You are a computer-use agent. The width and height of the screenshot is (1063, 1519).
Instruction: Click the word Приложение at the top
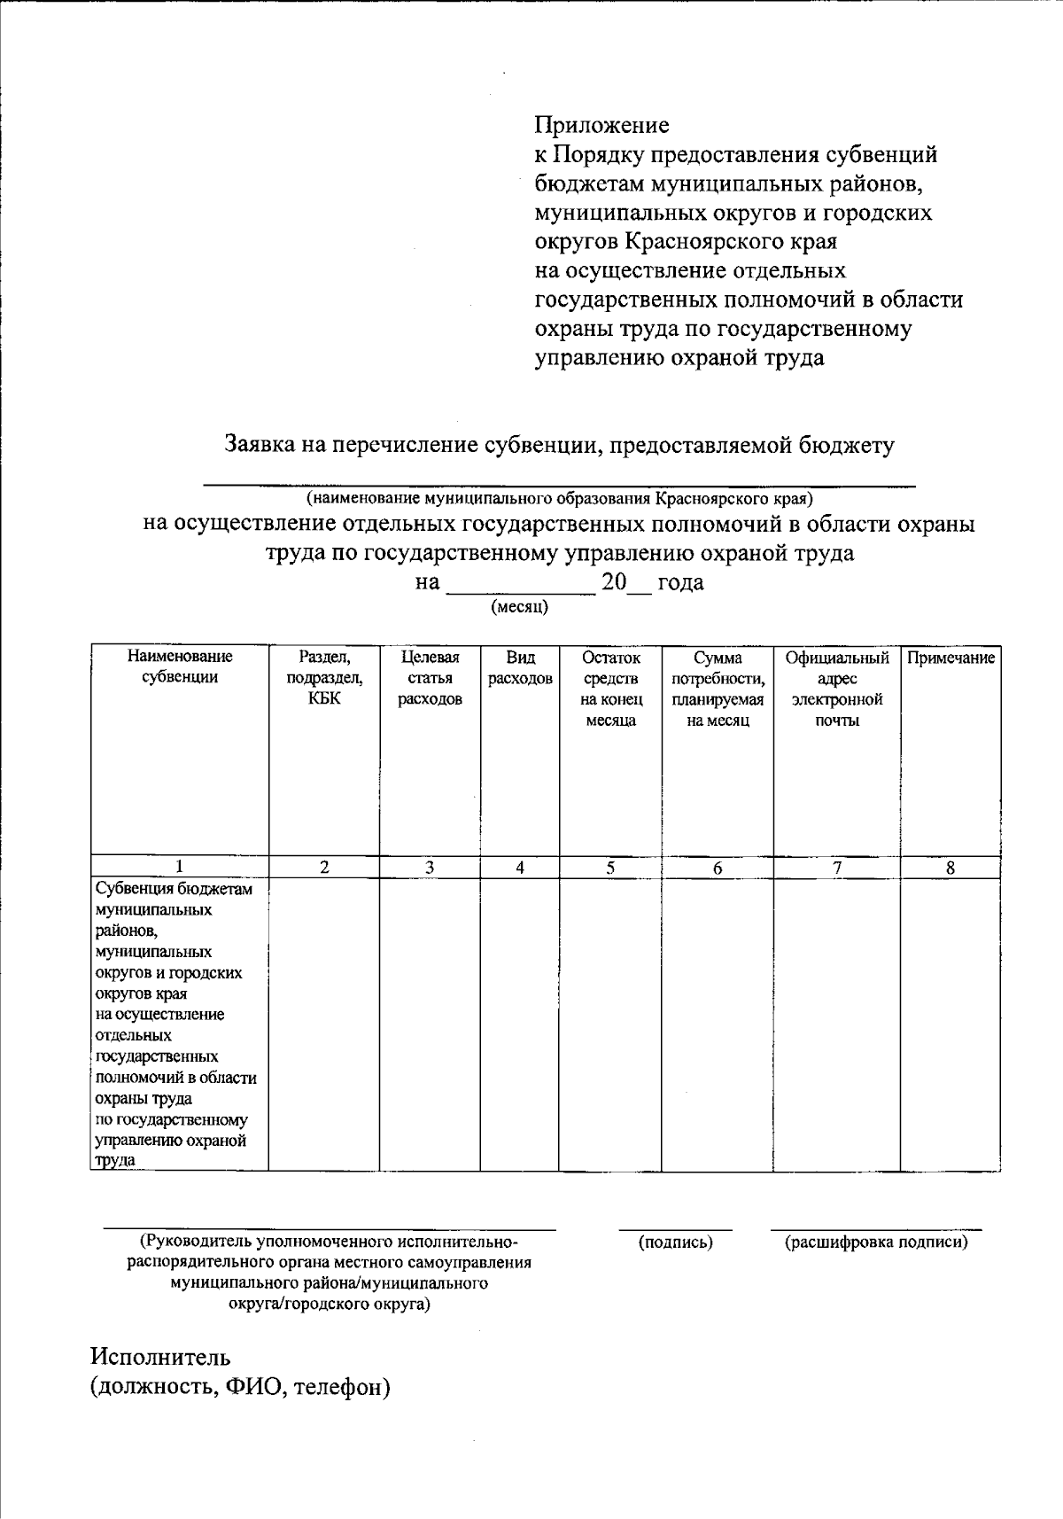[x=601, y=124]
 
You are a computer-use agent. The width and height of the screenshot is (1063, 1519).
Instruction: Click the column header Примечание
[x=950, y=658]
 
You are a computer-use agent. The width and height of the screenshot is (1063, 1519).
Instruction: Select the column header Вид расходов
[x=520, y=668]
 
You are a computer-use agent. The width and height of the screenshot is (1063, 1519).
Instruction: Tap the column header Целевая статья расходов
[x=430, y=678]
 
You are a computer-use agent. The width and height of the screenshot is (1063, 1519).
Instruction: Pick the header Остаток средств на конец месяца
[x=610, y=689]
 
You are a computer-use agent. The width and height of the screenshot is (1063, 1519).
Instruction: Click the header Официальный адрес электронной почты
[x=836, y=689]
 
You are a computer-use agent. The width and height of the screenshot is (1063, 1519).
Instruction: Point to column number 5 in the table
[x=610, y=869]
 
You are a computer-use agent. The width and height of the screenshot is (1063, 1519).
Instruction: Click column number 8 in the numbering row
[x=950, y=869]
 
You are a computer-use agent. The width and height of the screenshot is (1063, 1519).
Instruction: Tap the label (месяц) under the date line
[x=519, y=607]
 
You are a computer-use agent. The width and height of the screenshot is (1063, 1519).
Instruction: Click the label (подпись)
[x=675, y=1242]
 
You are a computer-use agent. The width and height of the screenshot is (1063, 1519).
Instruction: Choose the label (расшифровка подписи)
[x=876, y=1242]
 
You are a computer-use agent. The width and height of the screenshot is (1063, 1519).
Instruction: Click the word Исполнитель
[x=160, y=1357]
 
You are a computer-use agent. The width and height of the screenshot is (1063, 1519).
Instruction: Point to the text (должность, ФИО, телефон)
[x=240, y=1387]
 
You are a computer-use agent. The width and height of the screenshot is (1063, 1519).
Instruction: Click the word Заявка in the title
[x=258, y=444]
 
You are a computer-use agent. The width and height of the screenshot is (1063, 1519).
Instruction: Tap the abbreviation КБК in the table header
[x=324, y=699]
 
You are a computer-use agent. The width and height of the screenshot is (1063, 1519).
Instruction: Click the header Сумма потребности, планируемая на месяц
[x=718, y=689]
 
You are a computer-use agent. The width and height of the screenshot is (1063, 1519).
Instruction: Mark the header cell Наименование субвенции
[x=180, y=667]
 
